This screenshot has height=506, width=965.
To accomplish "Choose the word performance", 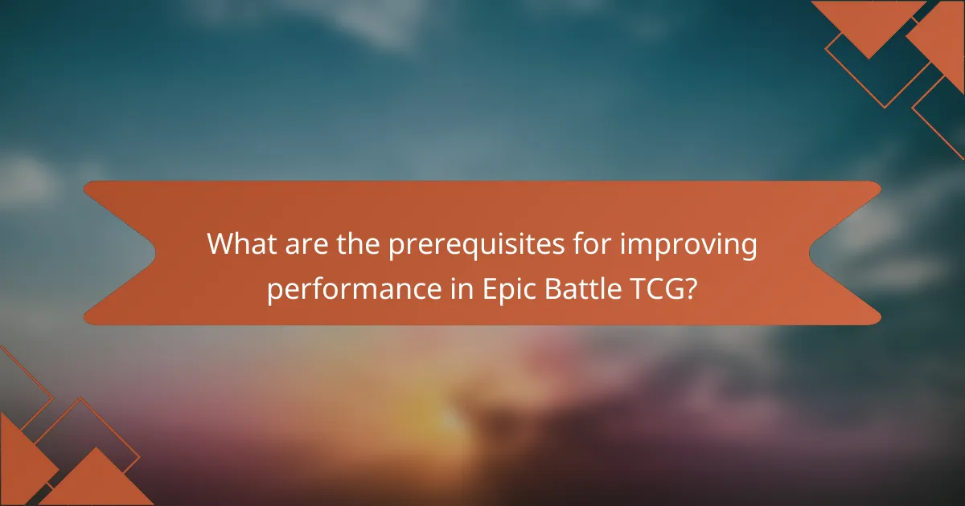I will pyautogui.click(x=351, y=288).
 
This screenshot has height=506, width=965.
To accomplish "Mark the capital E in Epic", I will pyautogui.click(x=490, y=288).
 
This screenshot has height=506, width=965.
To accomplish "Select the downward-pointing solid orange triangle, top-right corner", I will pyautogui.click(x=868, y=24).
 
